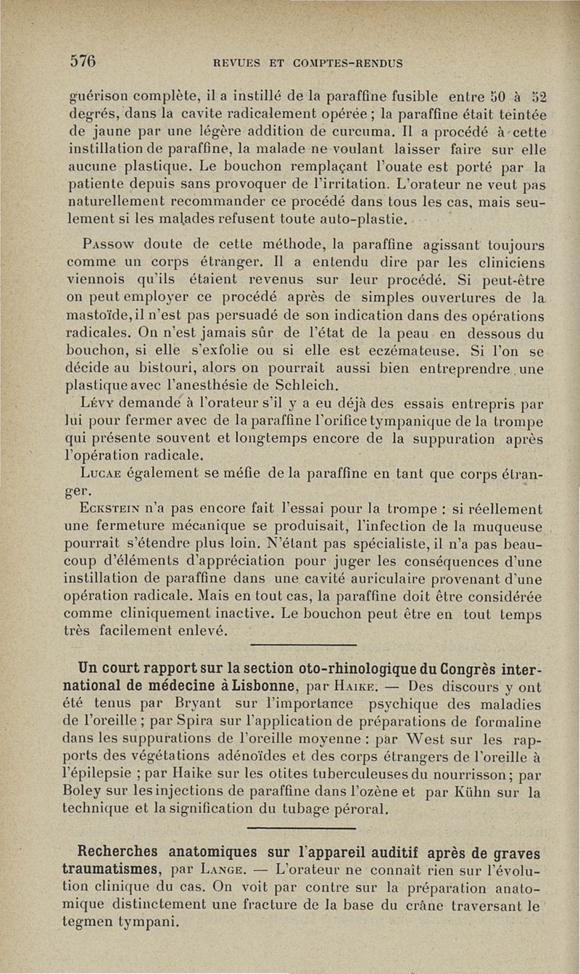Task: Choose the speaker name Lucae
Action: pyautogui.click(x=109, y=476)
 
